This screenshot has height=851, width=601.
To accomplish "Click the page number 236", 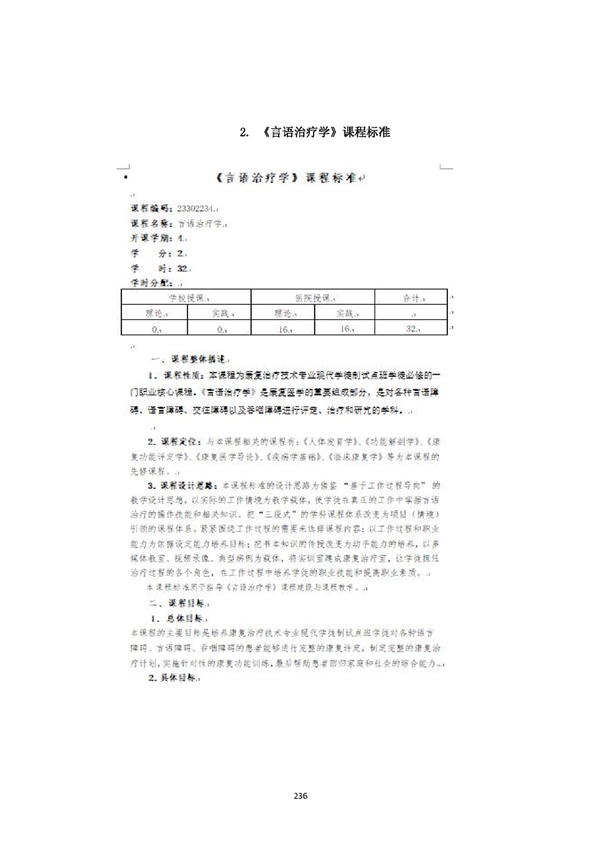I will pyautogui.click(x=300, y=796).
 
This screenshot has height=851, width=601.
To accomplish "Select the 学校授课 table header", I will pyautogui.click(x=186, y=298).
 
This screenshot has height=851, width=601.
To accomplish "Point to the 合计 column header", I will pyautogui.click(x=412, y=298).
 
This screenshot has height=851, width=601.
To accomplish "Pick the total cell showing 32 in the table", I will pyautogui.click(x=412, y=328).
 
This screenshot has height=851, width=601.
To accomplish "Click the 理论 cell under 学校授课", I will pyautogui.click(x=155, y=313).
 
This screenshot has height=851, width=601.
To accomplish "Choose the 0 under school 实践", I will pyautogui.click(x=220, y=328).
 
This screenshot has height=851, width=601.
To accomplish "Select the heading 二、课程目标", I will pyautogui.click(x=178, y=604).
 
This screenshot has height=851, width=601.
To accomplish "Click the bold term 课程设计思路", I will pyautogui.click(x=185, y=485).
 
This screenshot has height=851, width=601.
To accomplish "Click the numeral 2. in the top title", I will pyautogui.click(x=244, y=133).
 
